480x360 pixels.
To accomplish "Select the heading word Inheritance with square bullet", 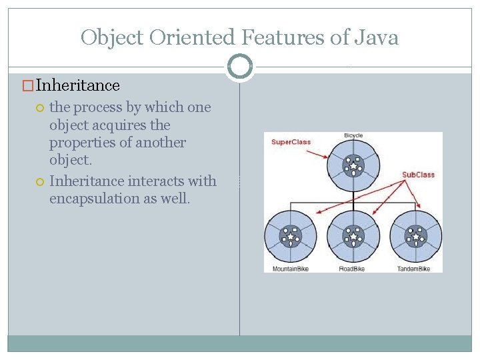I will pos(78,85).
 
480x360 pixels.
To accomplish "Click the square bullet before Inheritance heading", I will pos(29,86).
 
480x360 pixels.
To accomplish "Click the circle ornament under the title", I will pos(240,67).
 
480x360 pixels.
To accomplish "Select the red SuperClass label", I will pos(291,142).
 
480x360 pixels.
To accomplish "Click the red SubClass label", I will pos(418,175).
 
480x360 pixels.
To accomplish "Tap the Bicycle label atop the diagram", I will pos(353,136).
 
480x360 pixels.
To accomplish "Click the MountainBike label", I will pos(291,269).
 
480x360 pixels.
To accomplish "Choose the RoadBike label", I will pos(353,269).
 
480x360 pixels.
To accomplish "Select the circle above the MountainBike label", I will pos(291,237).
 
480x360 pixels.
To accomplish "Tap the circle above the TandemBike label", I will pos(416,237).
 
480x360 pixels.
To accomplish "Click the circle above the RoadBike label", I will pos(353,237).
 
